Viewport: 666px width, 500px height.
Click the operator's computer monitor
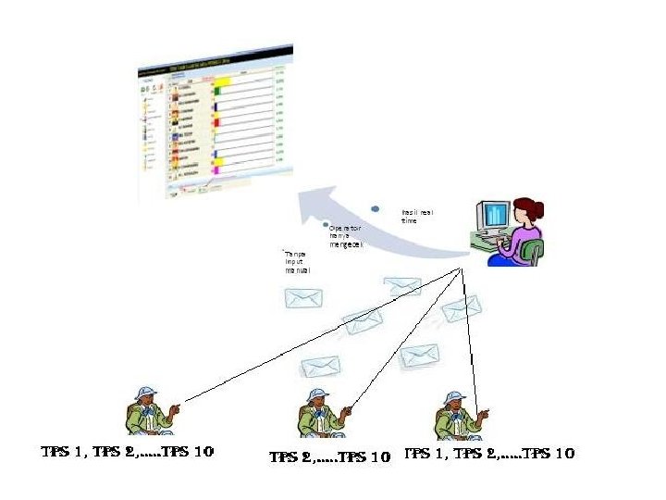[x=492, y=218]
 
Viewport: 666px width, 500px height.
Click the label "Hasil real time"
[x=416, y=216]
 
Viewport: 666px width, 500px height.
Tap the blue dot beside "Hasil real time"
[x=376, y=208]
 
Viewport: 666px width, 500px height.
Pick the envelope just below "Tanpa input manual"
[x=303, y=298]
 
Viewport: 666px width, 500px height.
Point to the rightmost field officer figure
[x=457, y=414]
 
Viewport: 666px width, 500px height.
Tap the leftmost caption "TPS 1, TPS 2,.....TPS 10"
[x=127, y=453]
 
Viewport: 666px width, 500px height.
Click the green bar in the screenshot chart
[x=217, y=91]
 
